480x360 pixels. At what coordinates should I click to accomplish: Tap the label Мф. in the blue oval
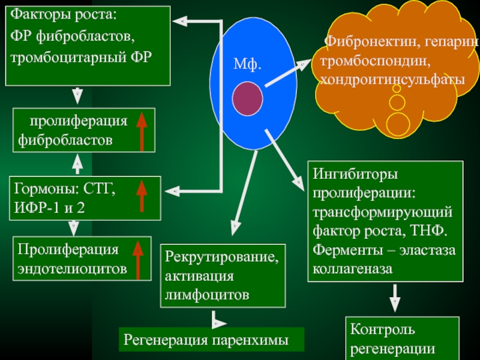point(247,64)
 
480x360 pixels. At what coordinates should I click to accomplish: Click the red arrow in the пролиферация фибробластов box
point(142,131)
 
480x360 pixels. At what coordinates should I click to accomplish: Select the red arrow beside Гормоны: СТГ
point(142,197)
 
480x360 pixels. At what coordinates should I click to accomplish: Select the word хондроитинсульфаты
point(392,80)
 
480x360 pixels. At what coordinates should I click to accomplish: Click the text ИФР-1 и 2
point(51,210)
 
